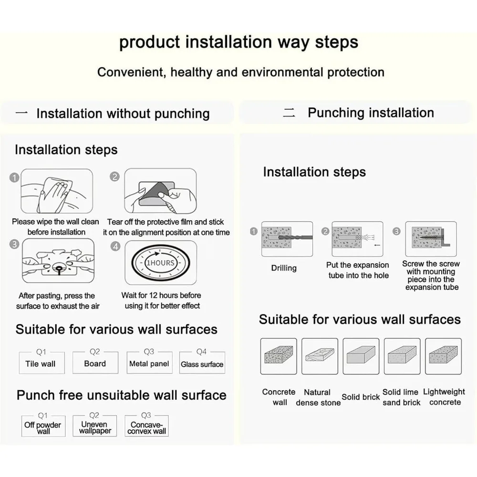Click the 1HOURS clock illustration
point(161,263)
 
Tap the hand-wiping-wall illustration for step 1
point(57,191)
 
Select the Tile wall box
point(41,363)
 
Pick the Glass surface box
point(202,363)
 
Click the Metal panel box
point(149,363)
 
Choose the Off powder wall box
point(43,426)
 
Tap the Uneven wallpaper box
point(94,426)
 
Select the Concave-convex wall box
point(146,426)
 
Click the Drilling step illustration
point(287,239)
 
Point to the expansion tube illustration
point(357,239)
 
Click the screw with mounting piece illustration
point(431,239)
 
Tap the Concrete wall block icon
point(279,356)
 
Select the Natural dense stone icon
point(320,356)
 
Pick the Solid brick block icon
point(361,356)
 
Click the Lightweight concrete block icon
point(443,356)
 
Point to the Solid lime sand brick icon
point(402,356)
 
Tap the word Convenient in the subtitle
point(132,73)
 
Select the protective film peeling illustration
point(160,191)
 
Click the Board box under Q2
point(95,363)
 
